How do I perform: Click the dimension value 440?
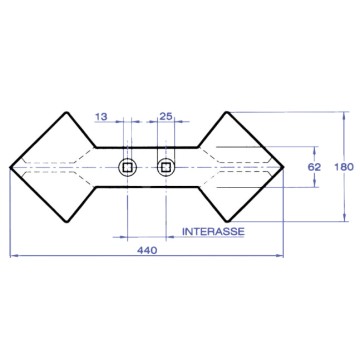[147, 250]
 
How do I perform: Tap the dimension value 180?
[343, 167]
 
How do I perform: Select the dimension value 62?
[314, 167]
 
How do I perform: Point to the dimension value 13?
[101, 117]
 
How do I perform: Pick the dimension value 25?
[166, 116]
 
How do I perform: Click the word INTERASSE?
[213, 231]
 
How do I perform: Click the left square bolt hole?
[127, 167]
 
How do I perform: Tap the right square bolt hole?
[166, 167]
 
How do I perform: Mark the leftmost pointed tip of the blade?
[11, 167]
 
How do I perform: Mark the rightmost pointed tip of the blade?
[283, 167]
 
